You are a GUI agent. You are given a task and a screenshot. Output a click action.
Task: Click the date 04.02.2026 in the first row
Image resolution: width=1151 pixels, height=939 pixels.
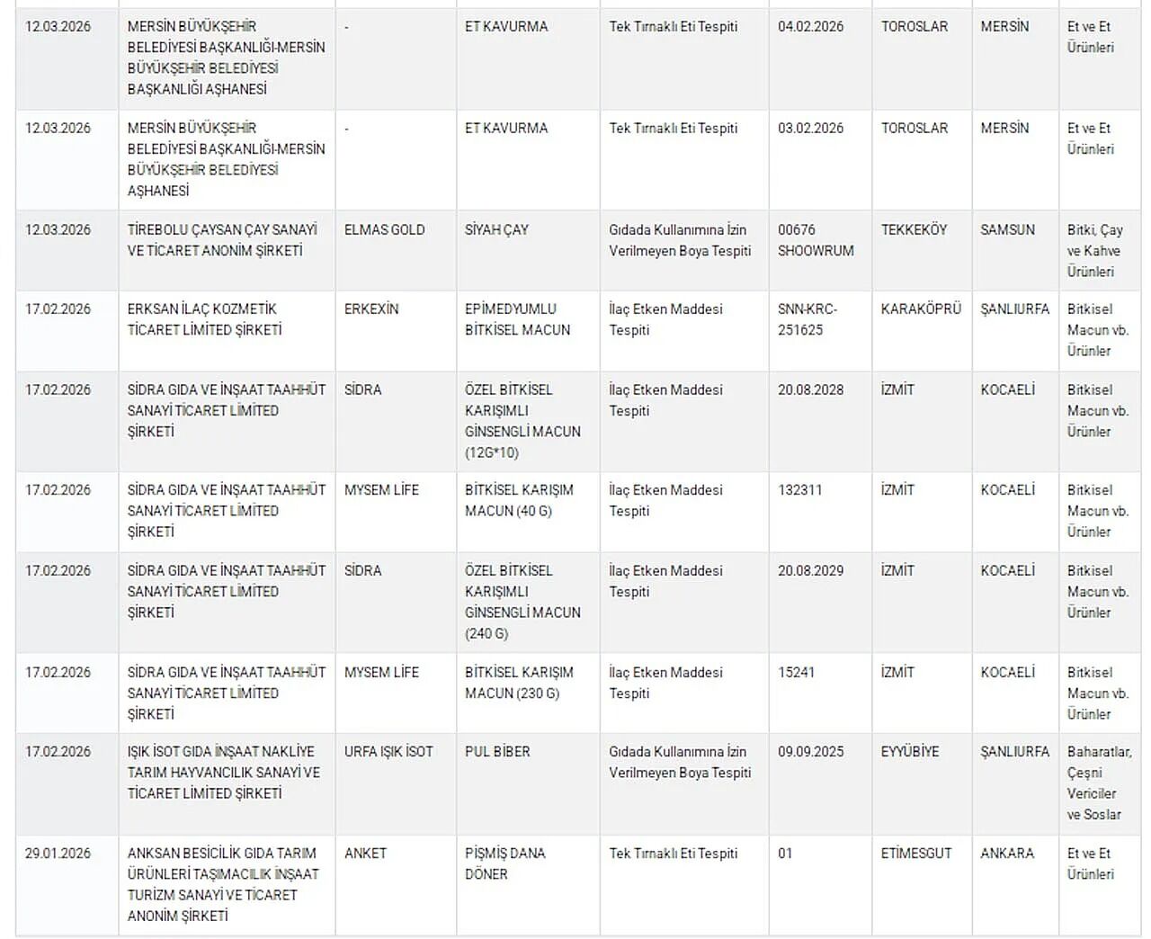click(x=810, y=27)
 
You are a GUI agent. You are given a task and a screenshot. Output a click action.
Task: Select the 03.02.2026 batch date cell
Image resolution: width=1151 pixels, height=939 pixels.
click(x=810, y=129)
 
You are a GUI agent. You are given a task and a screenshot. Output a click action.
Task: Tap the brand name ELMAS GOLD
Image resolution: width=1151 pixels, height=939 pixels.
click(x=384, y=230)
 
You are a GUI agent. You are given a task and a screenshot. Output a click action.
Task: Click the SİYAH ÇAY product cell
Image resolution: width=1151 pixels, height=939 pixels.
click(x=496, y=230)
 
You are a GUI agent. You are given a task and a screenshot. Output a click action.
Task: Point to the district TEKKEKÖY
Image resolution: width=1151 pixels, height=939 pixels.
click(x=914, y=230)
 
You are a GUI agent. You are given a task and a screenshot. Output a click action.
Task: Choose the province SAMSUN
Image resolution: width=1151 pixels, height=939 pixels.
click(x=1007, y=230)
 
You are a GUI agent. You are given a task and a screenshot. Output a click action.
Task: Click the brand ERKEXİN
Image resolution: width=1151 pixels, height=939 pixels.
click(x=370, y=309)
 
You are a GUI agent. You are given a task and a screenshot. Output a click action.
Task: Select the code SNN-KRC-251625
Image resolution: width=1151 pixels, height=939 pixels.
click(x=807, y=319)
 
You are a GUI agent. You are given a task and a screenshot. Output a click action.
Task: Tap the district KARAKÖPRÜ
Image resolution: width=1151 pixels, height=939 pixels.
click(x=921, y=309)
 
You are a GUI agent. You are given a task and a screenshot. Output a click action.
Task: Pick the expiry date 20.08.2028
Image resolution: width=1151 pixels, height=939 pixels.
click(x=810, y=390)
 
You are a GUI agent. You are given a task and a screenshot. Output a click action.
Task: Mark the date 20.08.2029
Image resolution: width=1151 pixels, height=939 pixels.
click(x=810, y=571)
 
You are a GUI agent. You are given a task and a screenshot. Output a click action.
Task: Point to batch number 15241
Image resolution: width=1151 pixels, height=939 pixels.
click(x=796, y=673)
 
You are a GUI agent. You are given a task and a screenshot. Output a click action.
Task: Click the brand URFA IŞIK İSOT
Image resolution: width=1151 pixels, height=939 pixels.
click(x=388, y=752)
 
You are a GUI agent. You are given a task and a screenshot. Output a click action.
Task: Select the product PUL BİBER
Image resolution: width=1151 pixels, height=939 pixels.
click(x=497, y=752)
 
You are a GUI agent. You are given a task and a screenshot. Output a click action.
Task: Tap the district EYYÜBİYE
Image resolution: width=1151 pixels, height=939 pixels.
click(x=910, y=752)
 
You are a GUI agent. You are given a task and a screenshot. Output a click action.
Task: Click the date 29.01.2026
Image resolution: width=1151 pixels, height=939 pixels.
click(x=58, y=854)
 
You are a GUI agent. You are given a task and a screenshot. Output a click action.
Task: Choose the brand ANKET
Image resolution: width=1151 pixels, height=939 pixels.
click(x=365, y=854)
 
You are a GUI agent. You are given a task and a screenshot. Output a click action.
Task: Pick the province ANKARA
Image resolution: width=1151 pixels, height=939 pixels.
click(x=1007, y=854)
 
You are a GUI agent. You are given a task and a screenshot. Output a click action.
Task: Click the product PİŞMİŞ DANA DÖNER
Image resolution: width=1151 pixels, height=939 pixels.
click(x=504, y=863)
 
